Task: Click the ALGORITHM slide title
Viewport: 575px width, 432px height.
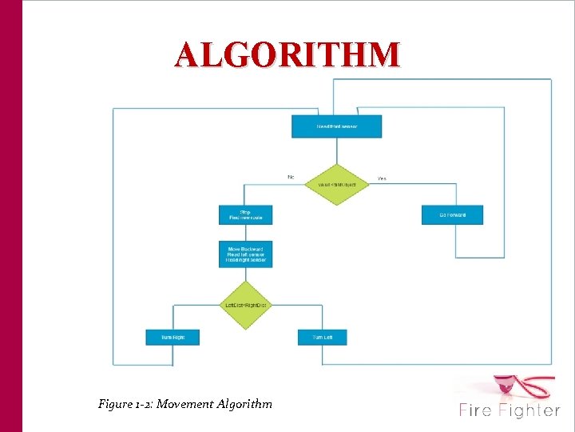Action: coord(288,55)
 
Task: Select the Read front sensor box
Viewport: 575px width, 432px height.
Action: coord(337,126)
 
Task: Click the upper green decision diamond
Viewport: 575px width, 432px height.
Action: coord(337,184)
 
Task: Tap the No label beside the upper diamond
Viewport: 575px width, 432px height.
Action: coord(290,177)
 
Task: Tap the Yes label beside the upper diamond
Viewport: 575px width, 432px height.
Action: coord(382,178)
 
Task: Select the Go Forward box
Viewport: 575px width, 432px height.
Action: coord(452,214)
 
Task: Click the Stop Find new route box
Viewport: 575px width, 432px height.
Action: coord(245,214)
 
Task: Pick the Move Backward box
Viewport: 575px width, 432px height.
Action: coord(245,254)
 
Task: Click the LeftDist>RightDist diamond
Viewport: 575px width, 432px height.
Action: coord(245,305)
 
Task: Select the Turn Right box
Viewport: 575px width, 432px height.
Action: coord(172,337)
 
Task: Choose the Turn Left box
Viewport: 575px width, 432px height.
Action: coord(323,337)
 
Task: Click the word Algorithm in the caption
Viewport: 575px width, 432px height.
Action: coord(244,404)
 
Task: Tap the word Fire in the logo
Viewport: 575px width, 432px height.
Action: coord(477,410)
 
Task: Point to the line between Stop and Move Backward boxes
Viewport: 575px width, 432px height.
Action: coord(245,232)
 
